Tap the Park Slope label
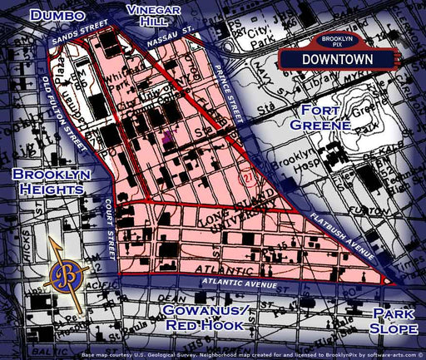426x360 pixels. pyautogui.click(x=394, y=322)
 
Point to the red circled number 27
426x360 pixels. pyautogui.click(x=245, y=177)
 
